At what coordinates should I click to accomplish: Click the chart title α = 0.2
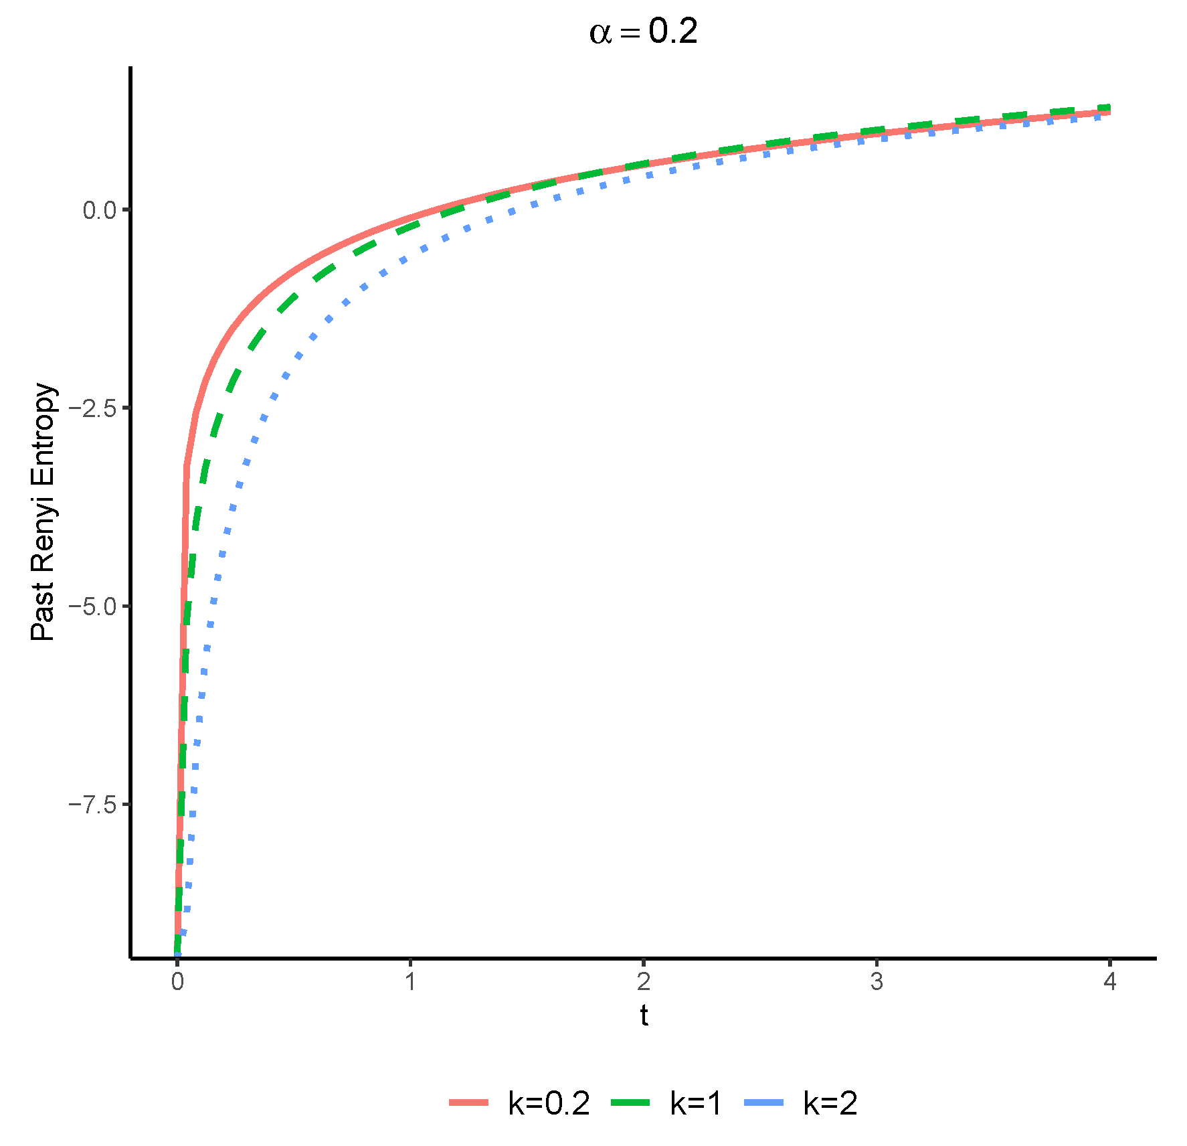point(643,32)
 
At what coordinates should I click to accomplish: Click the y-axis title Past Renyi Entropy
point(43,512)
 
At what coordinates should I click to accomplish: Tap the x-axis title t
point(644,1015)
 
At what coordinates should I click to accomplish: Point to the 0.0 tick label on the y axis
point(100,210)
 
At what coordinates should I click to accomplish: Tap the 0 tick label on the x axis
point(177,982)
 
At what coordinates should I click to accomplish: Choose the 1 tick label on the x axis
point(410,982)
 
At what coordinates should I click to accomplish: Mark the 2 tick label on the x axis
point(644,982)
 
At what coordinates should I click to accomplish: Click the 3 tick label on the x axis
point(877,982)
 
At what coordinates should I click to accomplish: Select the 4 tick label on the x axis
point(1110,982)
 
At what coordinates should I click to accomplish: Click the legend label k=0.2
point(549,1103)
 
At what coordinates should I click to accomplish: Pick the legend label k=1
point(696,1103)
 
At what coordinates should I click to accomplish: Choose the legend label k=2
point(830,1103)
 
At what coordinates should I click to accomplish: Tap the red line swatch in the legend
point(469,1102)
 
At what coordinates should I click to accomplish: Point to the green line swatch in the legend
point(630,1102)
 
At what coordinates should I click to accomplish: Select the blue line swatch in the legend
point(763,1102)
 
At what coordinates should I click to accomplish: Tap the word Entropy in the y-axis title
point(43,428)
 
